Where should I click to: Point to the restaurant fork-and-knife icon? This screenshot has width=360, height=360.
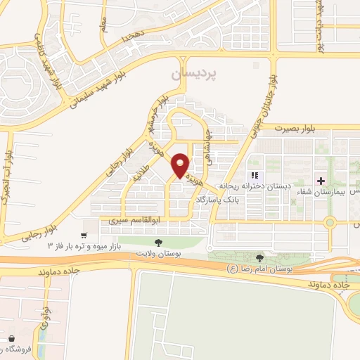[x=255, y=174]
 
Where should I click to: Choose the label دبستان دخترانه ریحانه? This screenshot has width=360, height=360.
[x=255, y=186]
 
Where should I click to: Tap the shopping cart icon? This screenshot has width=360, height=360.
[x=84, y=235]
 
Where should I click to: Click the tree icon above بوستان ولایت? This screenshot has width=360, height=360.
[x=157, y=243]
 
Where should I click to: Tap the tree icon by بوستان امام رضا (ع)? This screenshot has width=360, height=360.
[x=261, y=259]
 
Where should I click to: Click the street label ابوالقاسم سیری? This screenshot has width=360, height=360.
[x=128, y=219]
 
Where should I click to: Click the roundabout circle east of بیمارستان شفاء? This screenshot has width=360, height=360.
[x=330, y=223]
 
